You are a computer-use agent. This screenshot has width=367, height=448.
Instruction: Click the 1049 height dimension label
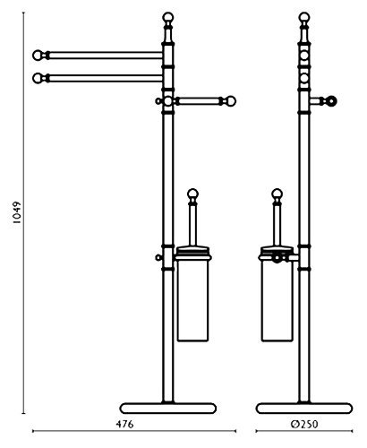click(x=18, y=212)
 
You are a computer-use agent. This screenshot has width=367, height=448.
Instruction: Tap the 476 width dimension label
click(x=124, y=424)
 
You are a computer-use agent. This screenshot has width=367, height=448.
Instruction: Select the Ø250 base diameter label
click(x=304, y=424)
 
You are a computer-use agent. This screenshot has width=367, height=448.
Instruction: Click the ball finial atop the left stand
click(x=168, y=17)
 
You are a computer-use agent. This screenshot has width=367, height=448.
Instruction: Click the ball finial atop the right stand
click(x=304, y=17)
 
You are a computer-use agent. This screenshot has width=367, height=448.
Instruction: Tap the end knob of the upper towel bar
click(x=38, y=56)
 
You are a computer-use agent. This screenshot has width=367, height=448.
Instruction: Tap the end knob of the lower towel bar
click(x=38, y=78)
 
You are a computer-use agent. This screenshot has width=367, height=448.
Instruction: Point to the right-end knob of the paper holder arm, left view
click(x=231, y=101)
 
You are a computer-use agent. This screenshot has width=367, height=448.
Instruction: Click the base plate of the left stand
click(x=168, y=409)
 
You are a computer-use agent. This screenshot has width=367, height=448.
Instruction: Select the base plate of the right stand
click(x=304, y=409)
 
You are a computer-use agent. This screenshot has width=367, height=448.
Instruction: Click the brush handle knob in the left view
click(x=192, y=194)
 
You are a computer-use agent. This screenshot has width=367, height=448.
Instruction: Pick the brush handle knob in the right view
click(x=277, y=194)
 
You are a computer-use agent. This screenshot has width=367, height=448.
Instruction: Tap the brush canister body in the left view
click(x=192, y=300)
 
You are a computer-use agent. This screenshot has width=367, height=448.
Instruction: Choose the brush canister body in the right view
click(x=277, y=300)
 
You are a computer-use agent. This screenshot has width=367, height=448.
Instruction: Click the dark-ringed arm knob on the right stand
click(x=331, y=101)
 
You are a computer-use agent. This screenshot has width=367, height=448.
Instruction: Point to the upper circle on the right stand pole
click(x=304, y=56)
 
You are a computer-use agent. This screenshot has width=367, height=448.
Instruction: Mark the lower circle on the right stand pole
click(x=304, y=78)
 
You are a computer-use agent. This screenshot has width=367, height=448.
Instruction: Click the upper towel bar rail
click(x=106, y=56)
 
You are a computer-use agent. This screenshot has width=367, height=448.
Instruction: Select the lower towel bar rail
click(x=106, y=78)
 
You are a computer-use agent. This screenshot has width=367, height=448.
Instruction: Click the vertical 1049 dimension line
click(x=23, y=213)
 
